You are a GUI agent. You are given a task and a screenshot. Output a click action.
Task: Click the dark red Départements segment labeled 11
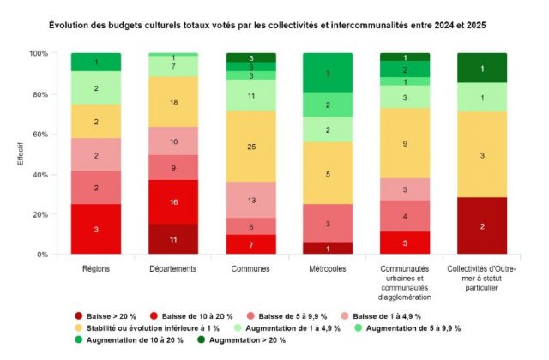click(x=174, y=239)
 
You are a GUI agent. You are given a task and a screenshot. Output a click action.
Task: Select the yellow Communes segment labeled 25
click(x=250, y=146)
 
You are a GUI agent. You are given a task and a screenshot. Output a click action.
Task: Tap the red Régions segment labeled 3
click(x=96, y=229)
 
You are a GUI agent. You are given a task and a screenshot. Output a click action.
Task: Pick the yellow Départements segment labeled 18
click(x=174, y=102)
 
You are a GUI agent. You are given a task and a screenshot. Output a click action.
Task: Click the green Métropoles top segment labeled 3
click(x=328, y=74)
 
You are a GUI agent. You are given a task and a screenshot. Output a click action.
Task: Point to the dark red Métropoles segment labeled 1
click(x=328, y=249)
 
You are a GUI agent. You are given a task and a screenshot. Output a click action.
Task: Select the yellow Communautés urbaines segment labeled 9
click(x=404, y=143)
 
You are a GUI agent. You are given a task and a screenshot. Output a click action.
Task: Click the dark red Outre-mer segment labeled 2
click(x=481, y=226)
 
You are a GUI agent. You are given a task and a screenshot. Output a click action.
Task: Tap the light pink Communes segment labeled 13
click(x=250, y=200)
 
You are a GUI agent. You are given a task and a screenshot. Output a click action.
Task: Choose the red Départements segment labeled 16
click(x=174, y=201)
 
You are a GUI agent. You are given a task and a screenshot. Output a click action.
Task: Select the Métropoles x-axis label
click(x=328, y=268)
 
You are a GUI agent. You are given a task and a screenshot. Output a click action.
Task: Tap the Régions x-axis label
click(x=96, y=268)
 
